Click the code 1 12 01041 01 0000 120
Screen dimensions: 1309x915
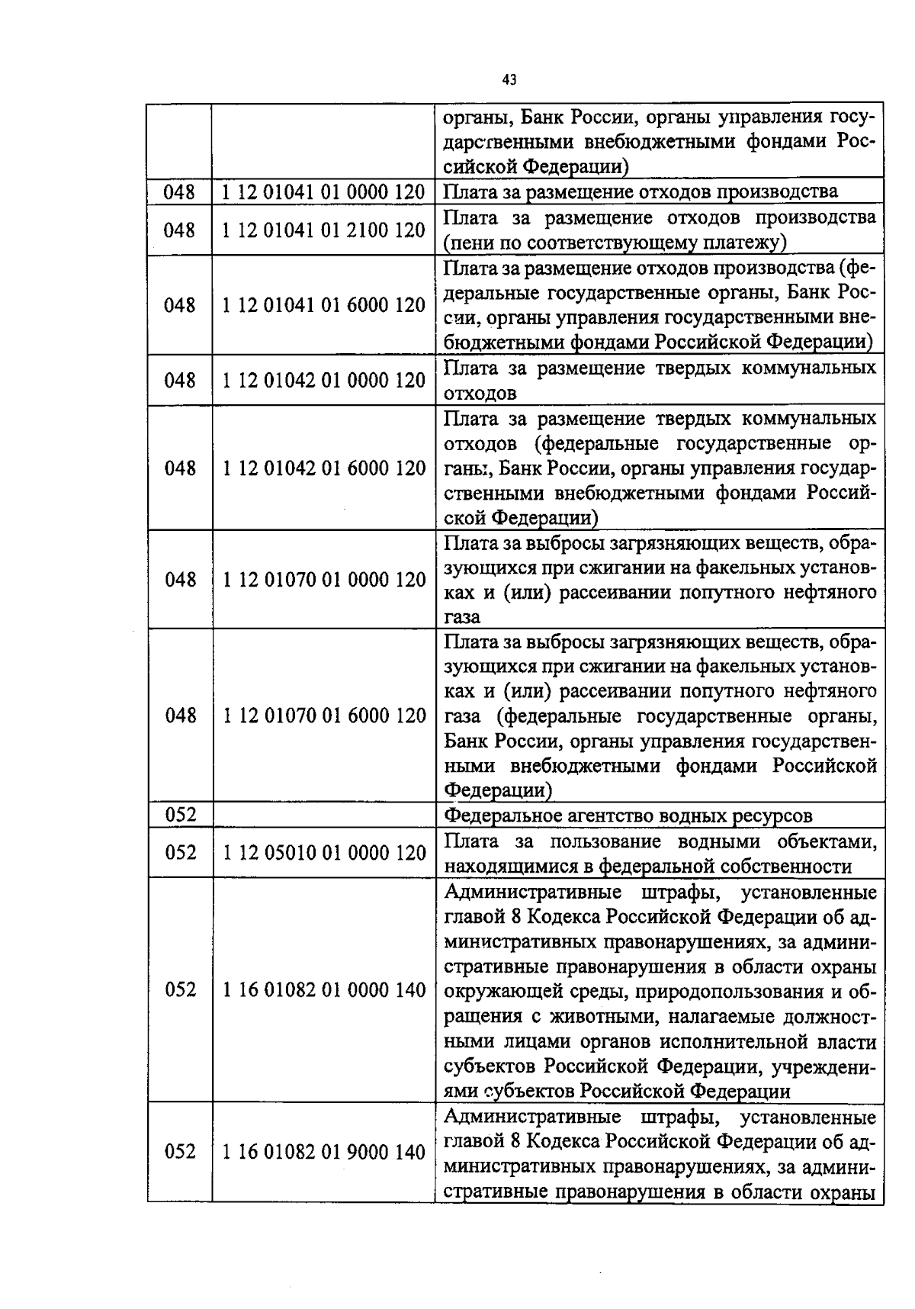click(323, 192)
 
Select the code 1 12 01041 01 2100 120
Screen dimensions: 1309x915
click(323, 230)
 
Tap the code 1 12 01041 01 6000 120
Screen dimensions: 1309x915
click(323, 305)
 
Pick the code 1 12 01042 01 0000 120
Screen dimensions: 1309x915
click(323, 380)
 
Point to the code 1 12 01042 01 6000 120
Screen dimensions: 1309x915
click(323, 468)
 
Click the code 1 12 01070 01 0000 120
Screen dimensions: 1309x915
click(323, 580)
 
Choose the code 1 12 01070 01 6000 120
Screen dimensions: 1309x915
click(323, 716)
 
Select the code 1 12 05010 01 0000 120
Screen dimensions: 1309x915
click(323, 852)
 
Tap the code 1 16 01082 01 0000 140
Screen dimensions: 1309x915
click(323, 989)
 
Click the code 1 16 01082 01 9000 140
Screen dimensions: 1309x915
click(323, 1152)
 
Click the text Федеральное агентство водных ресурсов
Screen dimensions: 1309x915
click(628, 815)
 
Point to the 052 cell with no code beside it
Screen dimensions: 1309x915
click(180, 815)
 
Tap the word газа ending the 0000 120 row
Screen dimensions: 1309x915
click(462, 617)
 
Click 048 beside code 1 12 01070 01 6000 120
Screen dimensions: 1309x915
click(180, 716)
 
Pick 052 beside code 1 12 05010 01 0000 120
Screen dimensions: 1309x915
click(180, 852)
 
